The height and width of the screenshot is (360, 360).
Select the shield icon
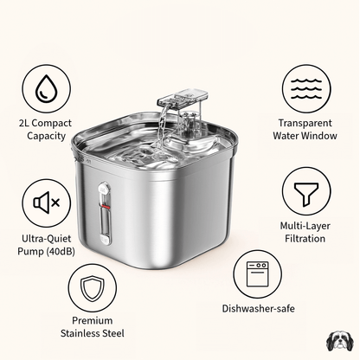click(92, 289)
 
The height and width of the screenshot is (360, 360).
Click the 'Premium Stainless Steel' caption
click(93, 326)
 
